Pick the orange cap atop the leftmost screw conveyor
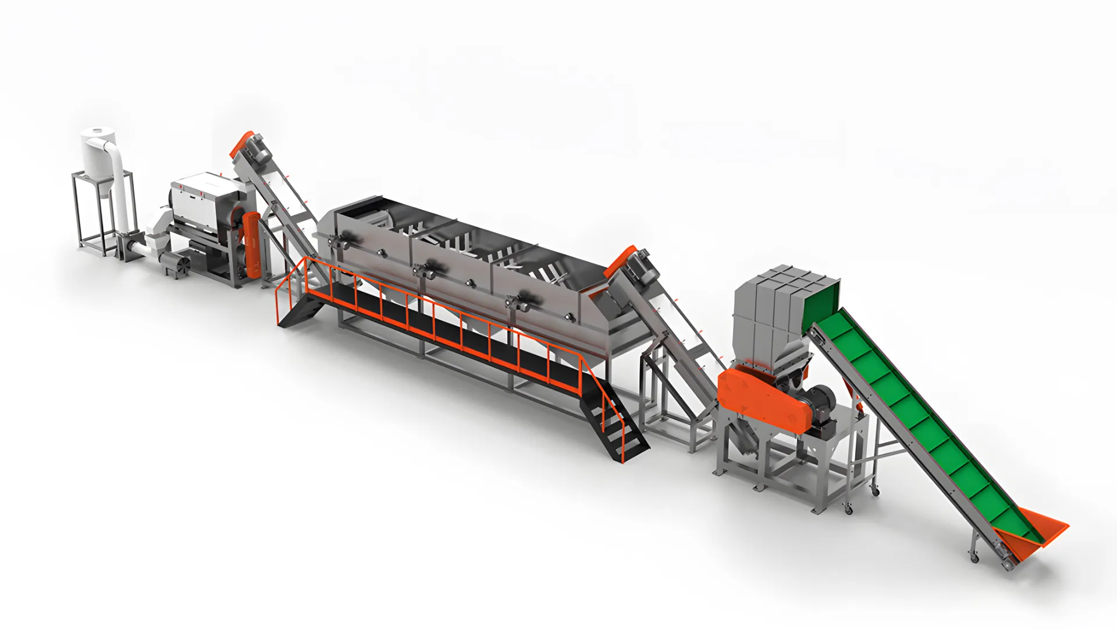tap(240, 143)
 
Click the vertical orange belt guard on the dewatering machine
tap(252, 243)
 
